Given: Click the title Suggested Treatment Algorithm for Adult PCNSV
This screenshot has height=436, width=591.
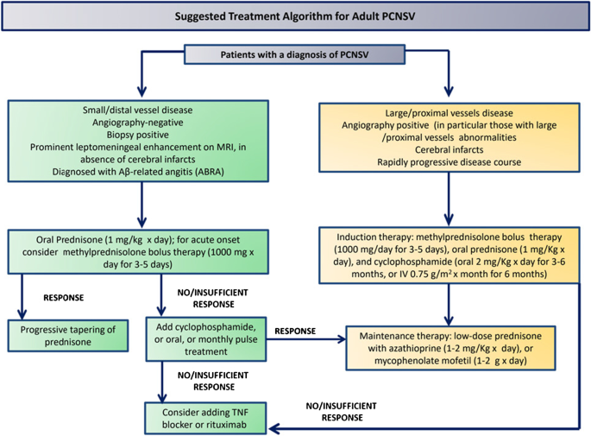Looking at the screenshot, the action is coord(295,16).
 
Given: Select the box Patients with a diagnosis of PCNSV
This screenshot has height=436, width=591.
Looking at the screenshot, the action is coord(295,54).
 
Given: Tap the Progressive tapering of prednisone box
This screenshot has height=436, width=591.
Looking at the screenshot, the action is coord(68,336).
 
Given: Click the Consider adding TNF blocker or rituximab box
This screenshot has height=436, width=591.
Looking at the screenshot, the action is coord(205,418).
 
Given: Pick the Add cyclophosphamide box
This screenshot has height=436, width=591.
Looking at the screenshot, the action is coord(206,339).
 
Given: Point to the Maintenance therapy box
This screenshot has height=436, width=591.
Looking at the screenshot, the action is coord(450,348).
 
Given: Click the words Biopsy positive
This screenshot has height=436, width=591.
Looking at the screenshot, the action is coord(137,135).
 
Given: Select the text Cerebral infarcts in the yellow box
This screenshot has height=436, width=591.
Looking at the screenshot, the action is coord(449,149).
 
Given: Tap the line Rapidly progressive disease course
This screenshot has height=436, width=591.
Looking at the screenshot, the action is coord(449,162).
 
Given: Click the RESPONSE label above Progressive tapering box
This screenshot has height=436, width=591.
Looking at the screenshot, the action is coord(64,298).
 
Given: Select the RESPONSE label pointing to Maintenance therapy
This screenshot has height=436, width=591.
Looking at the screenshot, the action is coord(295,332).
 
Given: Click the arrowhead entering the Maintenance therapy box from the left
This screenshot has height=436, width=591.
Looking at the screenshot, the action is coord(342,339).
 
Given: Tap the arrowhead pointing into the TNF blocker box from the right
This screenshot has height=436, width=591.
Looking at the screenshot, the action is coord(273,429).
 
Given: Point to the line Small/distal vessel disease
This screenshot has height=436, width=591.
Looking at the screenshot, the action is coord(137,111).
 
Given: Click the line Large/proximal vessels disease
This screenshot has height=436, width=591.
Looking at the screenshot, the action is coord(449,113).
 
